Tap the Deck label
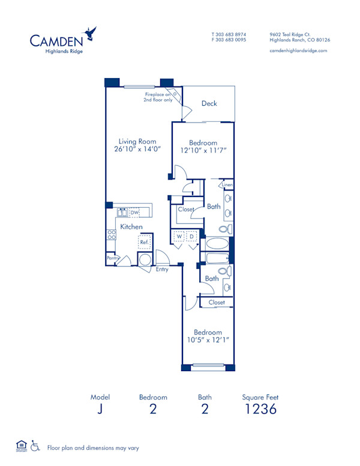coord(209,103)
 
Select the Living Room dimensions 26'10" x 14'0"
coord(137,150)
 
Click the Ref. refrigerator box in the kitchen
coord(145,241)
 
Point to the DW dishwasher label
coord(135,212)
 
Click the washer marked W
coord(179,237)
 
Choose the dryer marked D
coord(192,237)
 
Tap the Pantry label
coord(111,258)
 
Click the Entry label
coord(162,270)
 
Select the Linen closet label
coord(227,185)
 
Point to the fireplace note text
coord(158,97)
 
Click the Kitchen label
coord(131,226)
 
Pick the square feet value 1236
coord(260,410)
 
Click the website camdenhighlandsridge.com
coord(298,50)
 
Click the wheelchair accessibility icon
coord(35,447)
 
